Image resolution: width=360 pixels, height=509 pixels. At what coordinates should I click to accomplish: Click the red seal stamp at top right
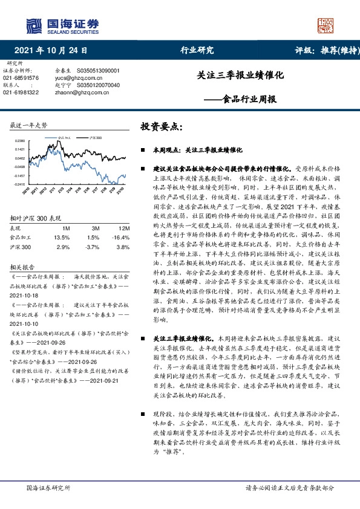click(325, 24)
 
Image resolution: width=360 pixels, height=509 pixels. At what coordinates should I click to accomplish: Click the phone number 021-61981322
click(21, 92)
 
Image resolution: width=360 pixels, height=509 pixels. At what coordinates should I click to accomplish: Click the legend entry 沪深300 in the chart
click(96, 138)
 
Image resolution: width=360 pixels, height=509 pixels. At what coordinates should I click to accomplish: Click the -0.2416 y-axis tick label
click(19, 184)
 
